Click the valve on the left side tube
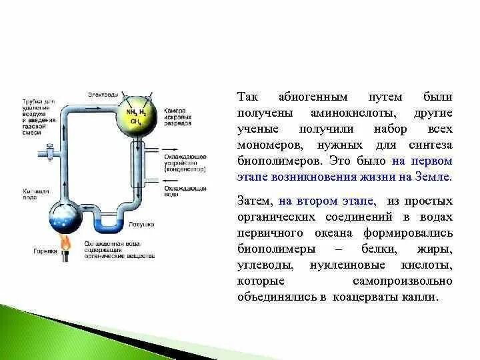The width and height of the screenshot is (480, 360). coord(49,152)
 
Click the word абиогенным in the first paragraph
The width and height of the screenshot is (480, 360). coord(298,97)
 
